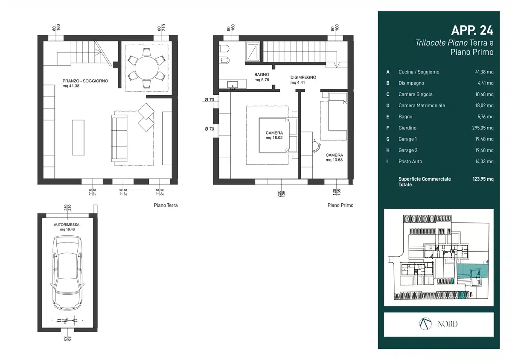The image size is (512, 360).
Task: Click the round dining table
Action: coord(146,68)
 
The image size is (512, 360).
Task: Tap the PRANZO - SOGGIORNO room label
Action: coord(85,81)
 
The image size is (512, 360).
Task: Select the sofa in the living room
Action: coord(119,138)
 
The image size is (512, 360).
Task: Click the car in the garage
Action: coord(67,273)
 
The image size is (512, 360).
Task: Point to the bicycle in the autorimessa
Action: coord(67,321)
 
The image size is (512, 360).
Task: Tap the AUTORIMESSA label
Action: coord(67,225)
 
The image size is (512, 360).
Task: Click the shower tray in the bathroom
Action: coord(253,51)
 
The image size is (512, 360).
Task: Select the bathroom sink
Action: coord(233,85)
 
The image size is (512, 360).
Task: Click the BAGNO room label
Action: coord(262,75)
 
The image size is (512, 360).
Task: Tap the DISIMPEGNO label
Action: coord(303,77)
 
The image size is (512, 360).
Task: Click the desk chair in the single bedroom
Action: coord(316,146)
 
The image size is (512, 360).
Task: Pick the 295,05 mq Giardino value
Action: coord(483,128)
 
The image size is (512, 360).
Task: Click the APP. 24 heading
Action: coord(472,30)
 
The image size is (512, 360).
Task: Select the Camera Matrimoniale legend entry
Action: coord(422,105)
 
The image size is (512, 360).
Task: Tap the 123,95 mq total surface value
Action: coord(483,179)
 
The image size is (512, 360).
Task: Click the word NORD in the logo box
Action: coord(448,324)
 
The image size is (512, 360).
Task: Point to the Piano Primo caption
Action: coord(340,205)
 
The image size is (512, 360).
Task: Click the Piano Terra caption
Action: coord(166,205)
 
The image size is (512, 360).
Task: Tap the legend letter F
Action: coord(388,128)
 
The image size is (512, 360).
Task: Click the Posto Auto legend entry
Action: coord(410,161)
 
